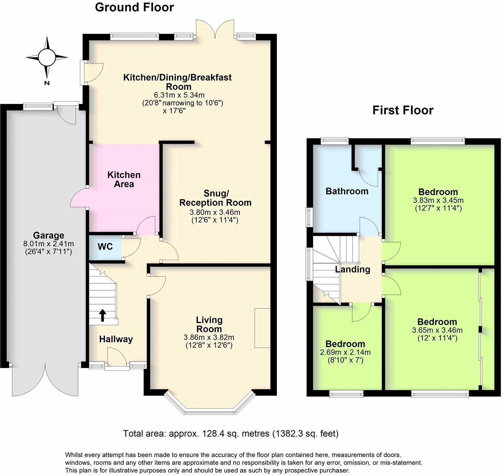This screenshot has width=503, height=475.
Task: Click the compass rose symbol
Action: pos(47,57)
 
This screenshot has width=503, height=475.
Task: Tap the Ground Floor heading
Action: pos(134,7)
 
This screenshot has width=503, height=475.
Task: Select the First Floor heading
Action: pos(403,110)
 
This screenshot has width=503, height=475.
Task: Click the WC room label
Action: pos(105,246)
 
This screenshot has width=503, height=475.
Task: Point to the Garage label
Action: pos(49,235)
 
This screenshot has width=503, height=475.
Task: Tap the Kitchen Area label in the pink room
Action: pos(124,180)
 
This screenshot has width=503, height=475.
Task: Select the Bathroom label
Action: pos(347,192)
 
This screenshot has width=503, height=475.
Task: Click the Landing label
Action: pos(353,270)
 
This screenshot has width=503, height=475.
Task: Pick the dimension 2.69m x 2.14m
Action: pos(345,352)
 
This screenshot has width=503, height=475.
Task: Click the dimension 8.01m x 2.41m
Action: pos(49,244)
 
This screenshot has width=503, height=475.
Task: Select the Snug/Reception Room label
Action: pos(215,198)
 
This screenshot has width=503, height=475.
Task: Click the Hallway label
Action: pos(116,340)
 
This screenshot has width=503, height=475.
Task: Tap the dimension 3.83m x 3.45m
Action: pos(438,200)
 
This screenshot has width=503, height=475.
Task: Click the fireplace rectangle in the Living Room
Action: pos(262,328)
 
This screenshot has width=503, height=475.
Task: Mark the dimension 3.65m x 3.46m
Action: pos(437,330)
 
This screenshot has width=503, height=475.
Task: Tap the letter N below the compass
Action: pos(47,83)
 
